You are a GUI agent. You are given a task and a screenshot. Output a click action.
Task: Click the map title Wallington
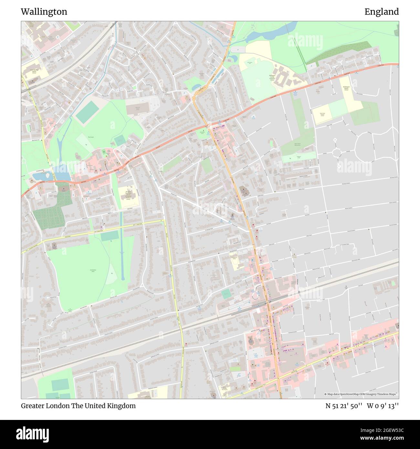point(44,12)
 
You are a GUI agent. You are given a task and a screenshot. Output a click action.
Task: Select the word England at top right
point(382,12)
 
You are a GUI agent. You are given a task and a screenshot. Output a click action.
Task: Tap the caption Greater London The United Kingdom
point(78,406)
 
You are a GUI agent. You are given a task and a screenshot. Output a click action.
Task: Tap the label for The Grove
point(90,137)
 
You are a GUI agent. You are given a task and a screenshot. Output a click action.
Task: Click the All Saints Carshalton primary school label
point(128,195)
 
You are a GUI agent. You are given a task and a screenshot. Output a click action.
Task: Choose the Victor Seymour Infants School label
point(34,71)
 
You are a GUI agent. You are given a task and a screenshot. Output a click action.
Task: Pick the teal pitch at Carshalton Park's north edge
point(110,236)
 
